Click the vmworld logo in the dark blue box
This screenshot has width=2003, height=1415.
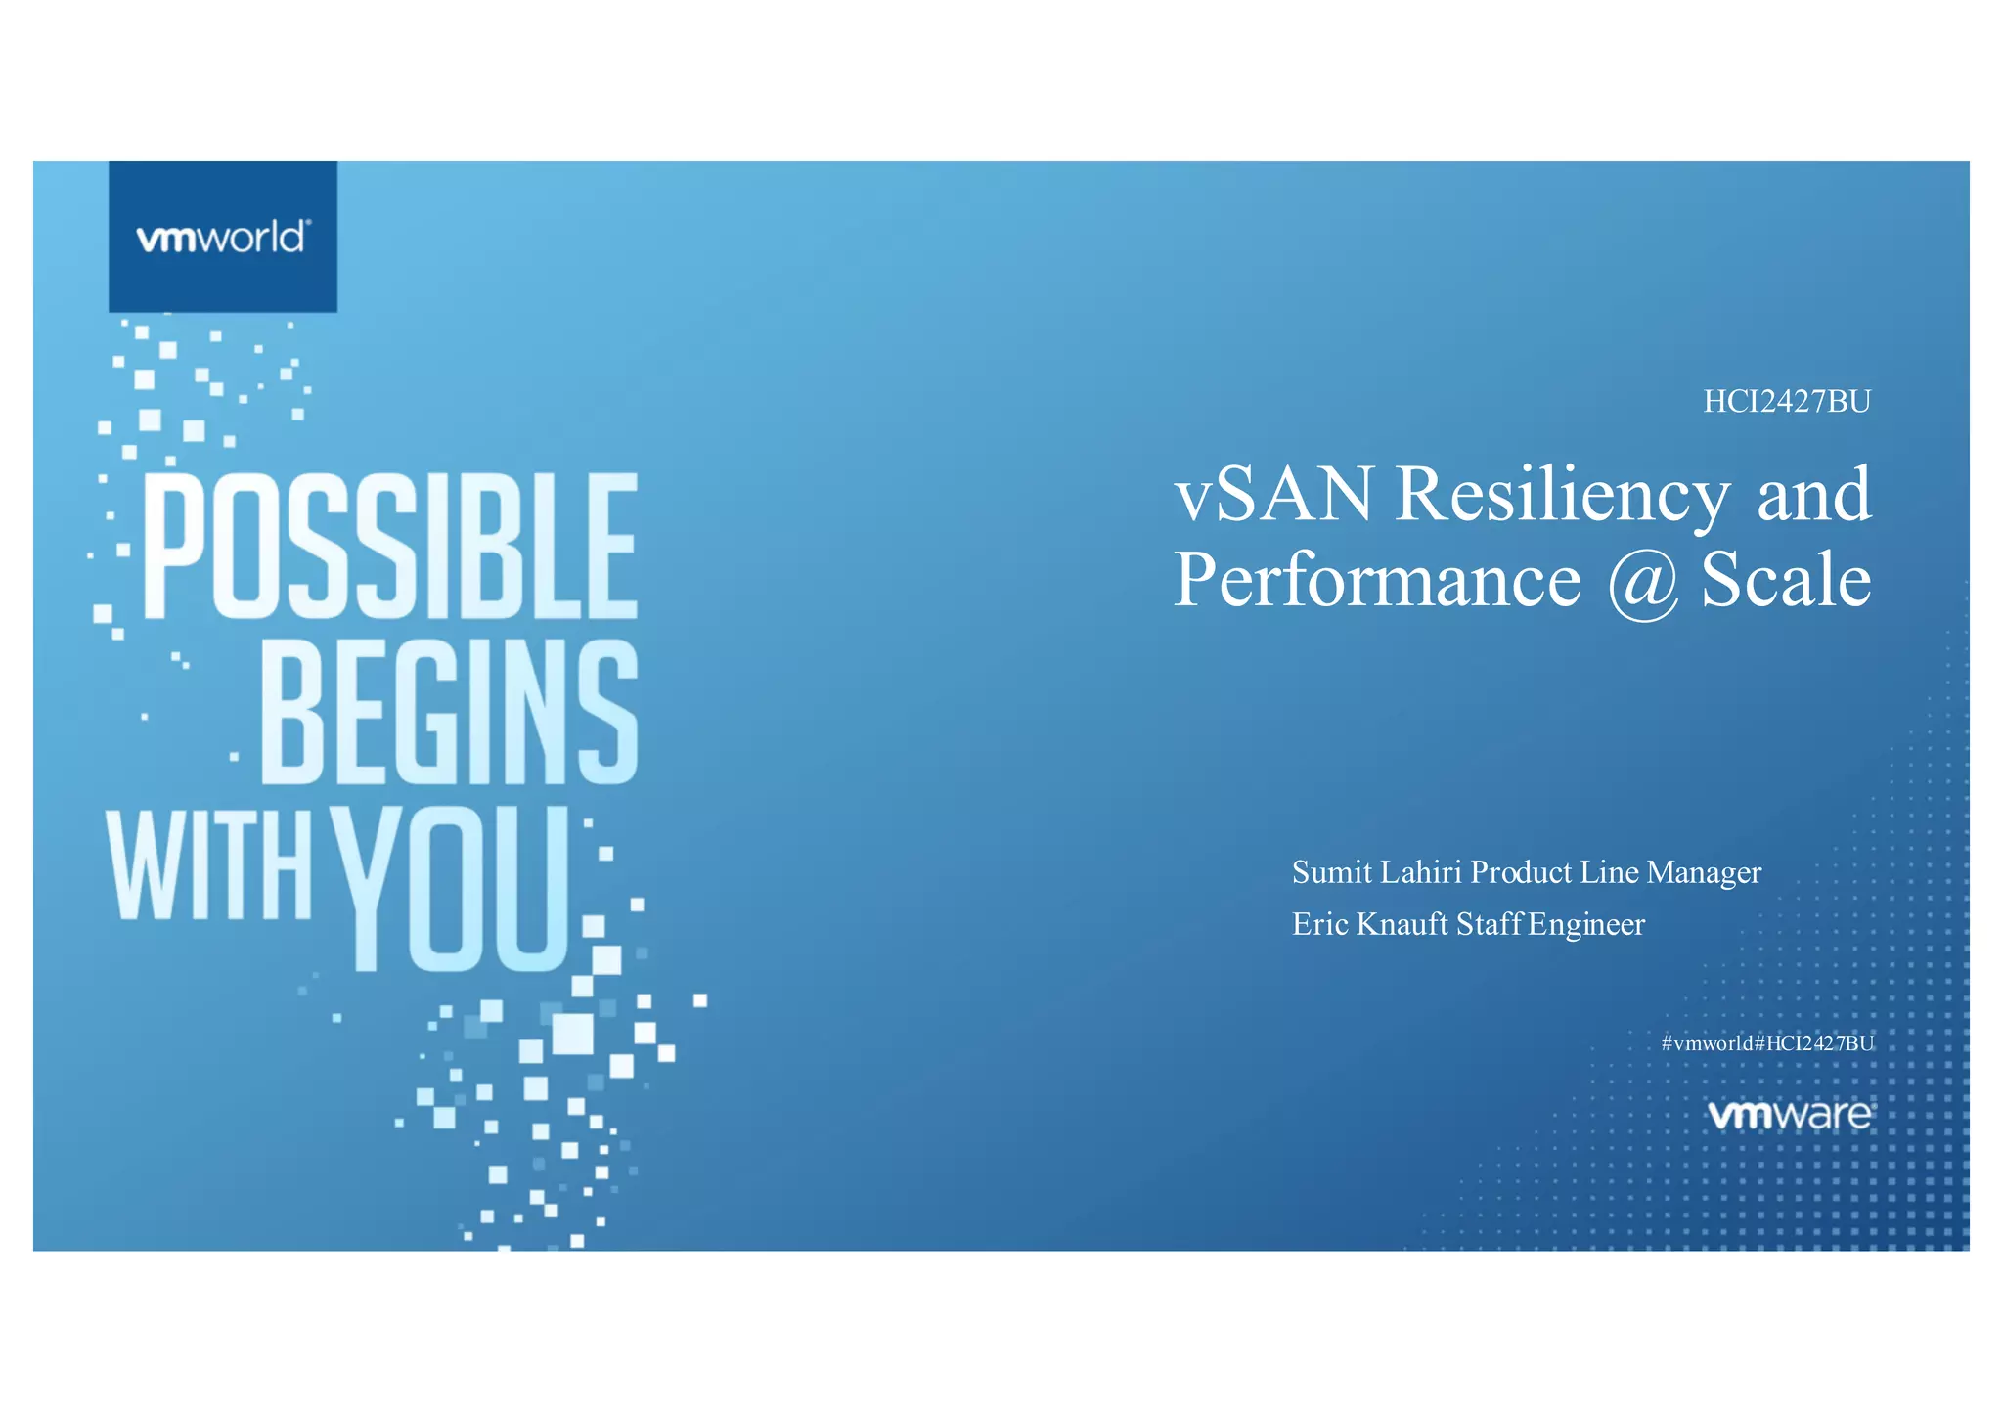coord(223,238)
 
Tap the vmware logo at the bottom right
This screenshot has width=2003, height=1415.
coord(1789,1115)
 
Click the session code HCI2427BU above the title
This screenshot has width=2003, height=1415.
coord(1786,402)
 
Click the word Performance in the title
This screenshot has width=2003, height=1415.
coord(1376,580)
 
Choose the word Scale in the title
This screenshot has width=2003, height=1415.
coord(1786,580)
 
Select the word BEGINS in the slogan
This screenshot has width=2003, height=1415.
coord(449,713)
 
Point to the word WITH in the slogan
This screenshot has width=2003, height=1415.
coord(208,865)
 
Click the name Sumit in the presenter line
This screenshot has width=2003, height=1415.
coord(1331,872)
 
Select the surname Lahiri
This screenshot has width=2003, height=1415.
coord(1421,872)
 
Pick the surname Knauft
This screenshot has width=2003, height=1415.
coord(1402,924)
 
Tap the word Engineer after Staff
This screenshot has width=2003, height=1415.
coord(1586,925)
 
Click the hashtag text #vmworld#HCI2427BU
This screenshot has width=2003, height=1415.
coord(1767,1043)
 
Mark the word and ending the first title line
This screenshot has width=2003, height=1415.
coord(1814,495)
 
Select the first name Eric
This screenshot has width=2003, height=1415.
coord(1319,924)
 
